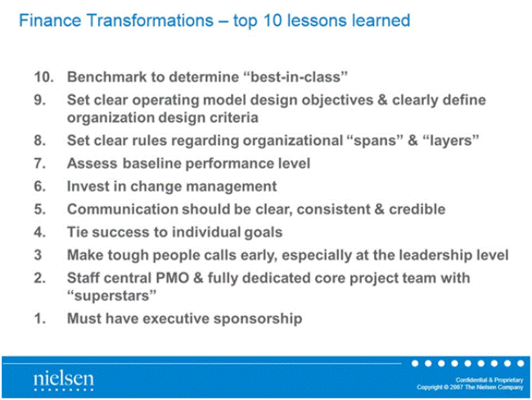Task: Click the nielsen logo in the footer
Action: point(64,381)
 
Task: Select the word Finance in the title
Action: point(50,20)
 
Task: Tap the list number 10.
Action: point(43,77)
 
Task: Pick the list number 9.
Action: point(40,100)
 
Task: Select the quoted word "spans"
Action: point(373,140)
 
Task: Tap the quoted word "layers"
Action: point(451,140)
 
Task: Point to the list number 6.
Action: point(40,186)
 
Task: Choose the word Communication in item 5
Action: point(122,209)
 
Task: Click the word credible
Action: point(417,209)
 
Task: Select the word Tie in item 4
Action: point(77,232)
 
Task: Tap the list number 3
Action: point(38,255)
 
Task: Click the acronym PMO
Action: point(172,278)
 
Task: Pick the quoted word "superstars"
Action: point(111,296)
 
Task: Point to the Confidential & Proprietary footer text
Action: point(489,380)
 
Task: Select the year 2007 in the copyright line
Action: point(457,388)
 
